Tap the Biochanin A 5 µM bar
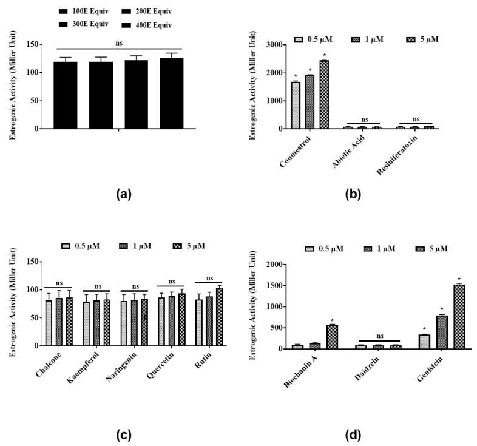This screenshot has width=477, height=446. click(x=331, y=337)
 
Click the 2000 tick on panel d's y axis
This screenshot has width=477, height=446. click(x=276, y=265)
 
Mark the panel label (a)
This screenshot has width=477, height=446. click(x=120, y=194)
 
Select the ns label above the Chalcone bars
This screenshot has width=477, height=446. click(x=58, y=282)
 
